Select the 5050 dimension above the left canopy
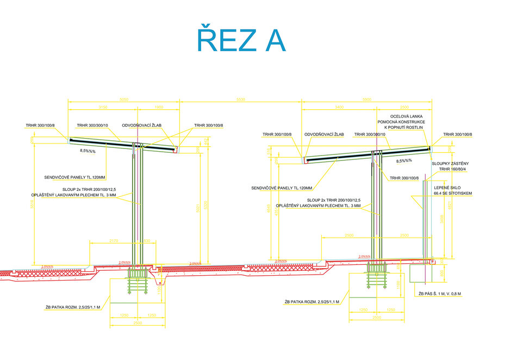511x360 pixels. (x=124, y=99)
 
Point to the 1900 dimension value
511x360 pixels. (x=159, y=107)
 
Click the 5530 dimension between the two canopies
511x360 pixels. (x=240, y=99)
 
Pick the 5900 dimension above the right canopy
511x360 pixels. (x=366, y=99)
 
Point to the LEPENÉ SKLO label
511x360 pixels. (x=447, y=187)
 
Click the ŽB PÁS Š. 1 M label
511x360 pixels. (x=440, y=294)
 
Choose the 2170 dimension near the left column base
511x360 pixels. (x=114, y=240)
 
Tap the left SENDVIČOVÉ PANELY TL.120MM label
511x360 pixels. (x=75, y=177)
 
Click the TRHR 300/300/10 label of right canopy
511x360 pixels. (x=370, y=134)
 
